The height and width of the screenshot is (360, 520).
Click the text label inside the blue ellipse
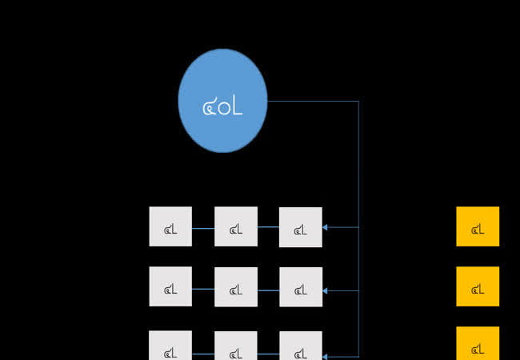coord(222,106)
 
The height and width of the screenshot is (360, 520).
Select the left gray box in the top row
coord(170,226)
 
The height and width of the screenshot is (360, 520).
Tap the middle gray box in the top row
coord(236,226)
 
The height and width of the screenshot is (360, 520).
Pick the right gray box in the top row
coord(301,227)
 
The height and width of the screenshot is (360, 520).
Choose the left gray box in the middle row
coord(170,286)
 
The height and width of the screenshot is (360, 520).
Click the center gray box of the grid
coord(236,287)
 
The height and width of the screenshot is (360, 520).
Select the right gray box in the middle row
coord(301,287)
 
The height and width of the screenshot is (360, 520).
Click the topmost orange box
coord(478,226)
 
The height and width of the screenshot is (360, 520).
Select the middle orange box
coord(478,286)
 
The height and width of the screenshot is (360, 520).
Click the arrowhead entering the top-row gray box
coord(326,227)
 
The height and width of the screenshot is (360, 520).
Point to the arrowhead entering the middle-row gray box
coord(326,290)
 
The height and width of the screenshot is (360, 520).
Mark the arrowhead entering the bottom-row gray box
coord(326,355)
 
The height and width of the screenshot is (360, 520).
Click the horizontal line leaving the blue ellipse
coord(312,101)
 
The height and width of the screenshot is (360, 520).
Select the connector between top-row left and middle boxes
coord(203,227)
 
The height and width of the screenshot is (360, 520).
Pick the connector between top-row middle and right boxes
coord(268,227)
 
